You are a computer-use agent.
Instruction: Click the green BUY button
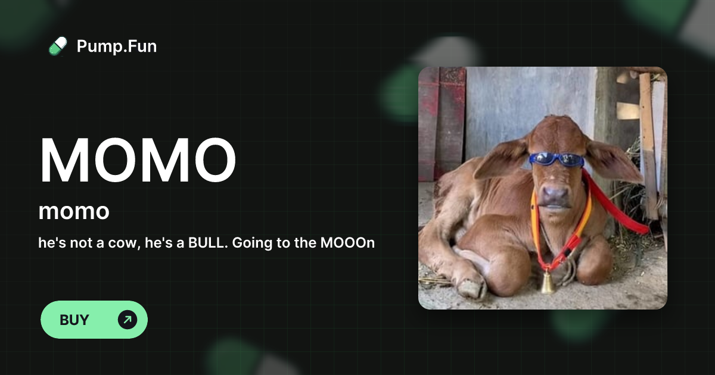point(94,320)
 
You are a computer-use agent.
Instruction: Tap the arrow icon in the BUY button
point(127,320)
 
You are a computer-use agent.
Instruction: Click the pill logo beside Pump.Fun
point(58,46)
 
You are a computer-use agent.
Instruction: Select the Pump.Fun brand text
point(117,46)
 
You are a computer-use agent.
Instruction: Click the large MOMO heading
point(138,160)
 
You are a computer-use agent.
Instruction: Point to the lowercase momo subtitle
point(74,211)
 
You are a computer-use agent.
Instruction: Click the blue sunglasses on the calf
point(555,159)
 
